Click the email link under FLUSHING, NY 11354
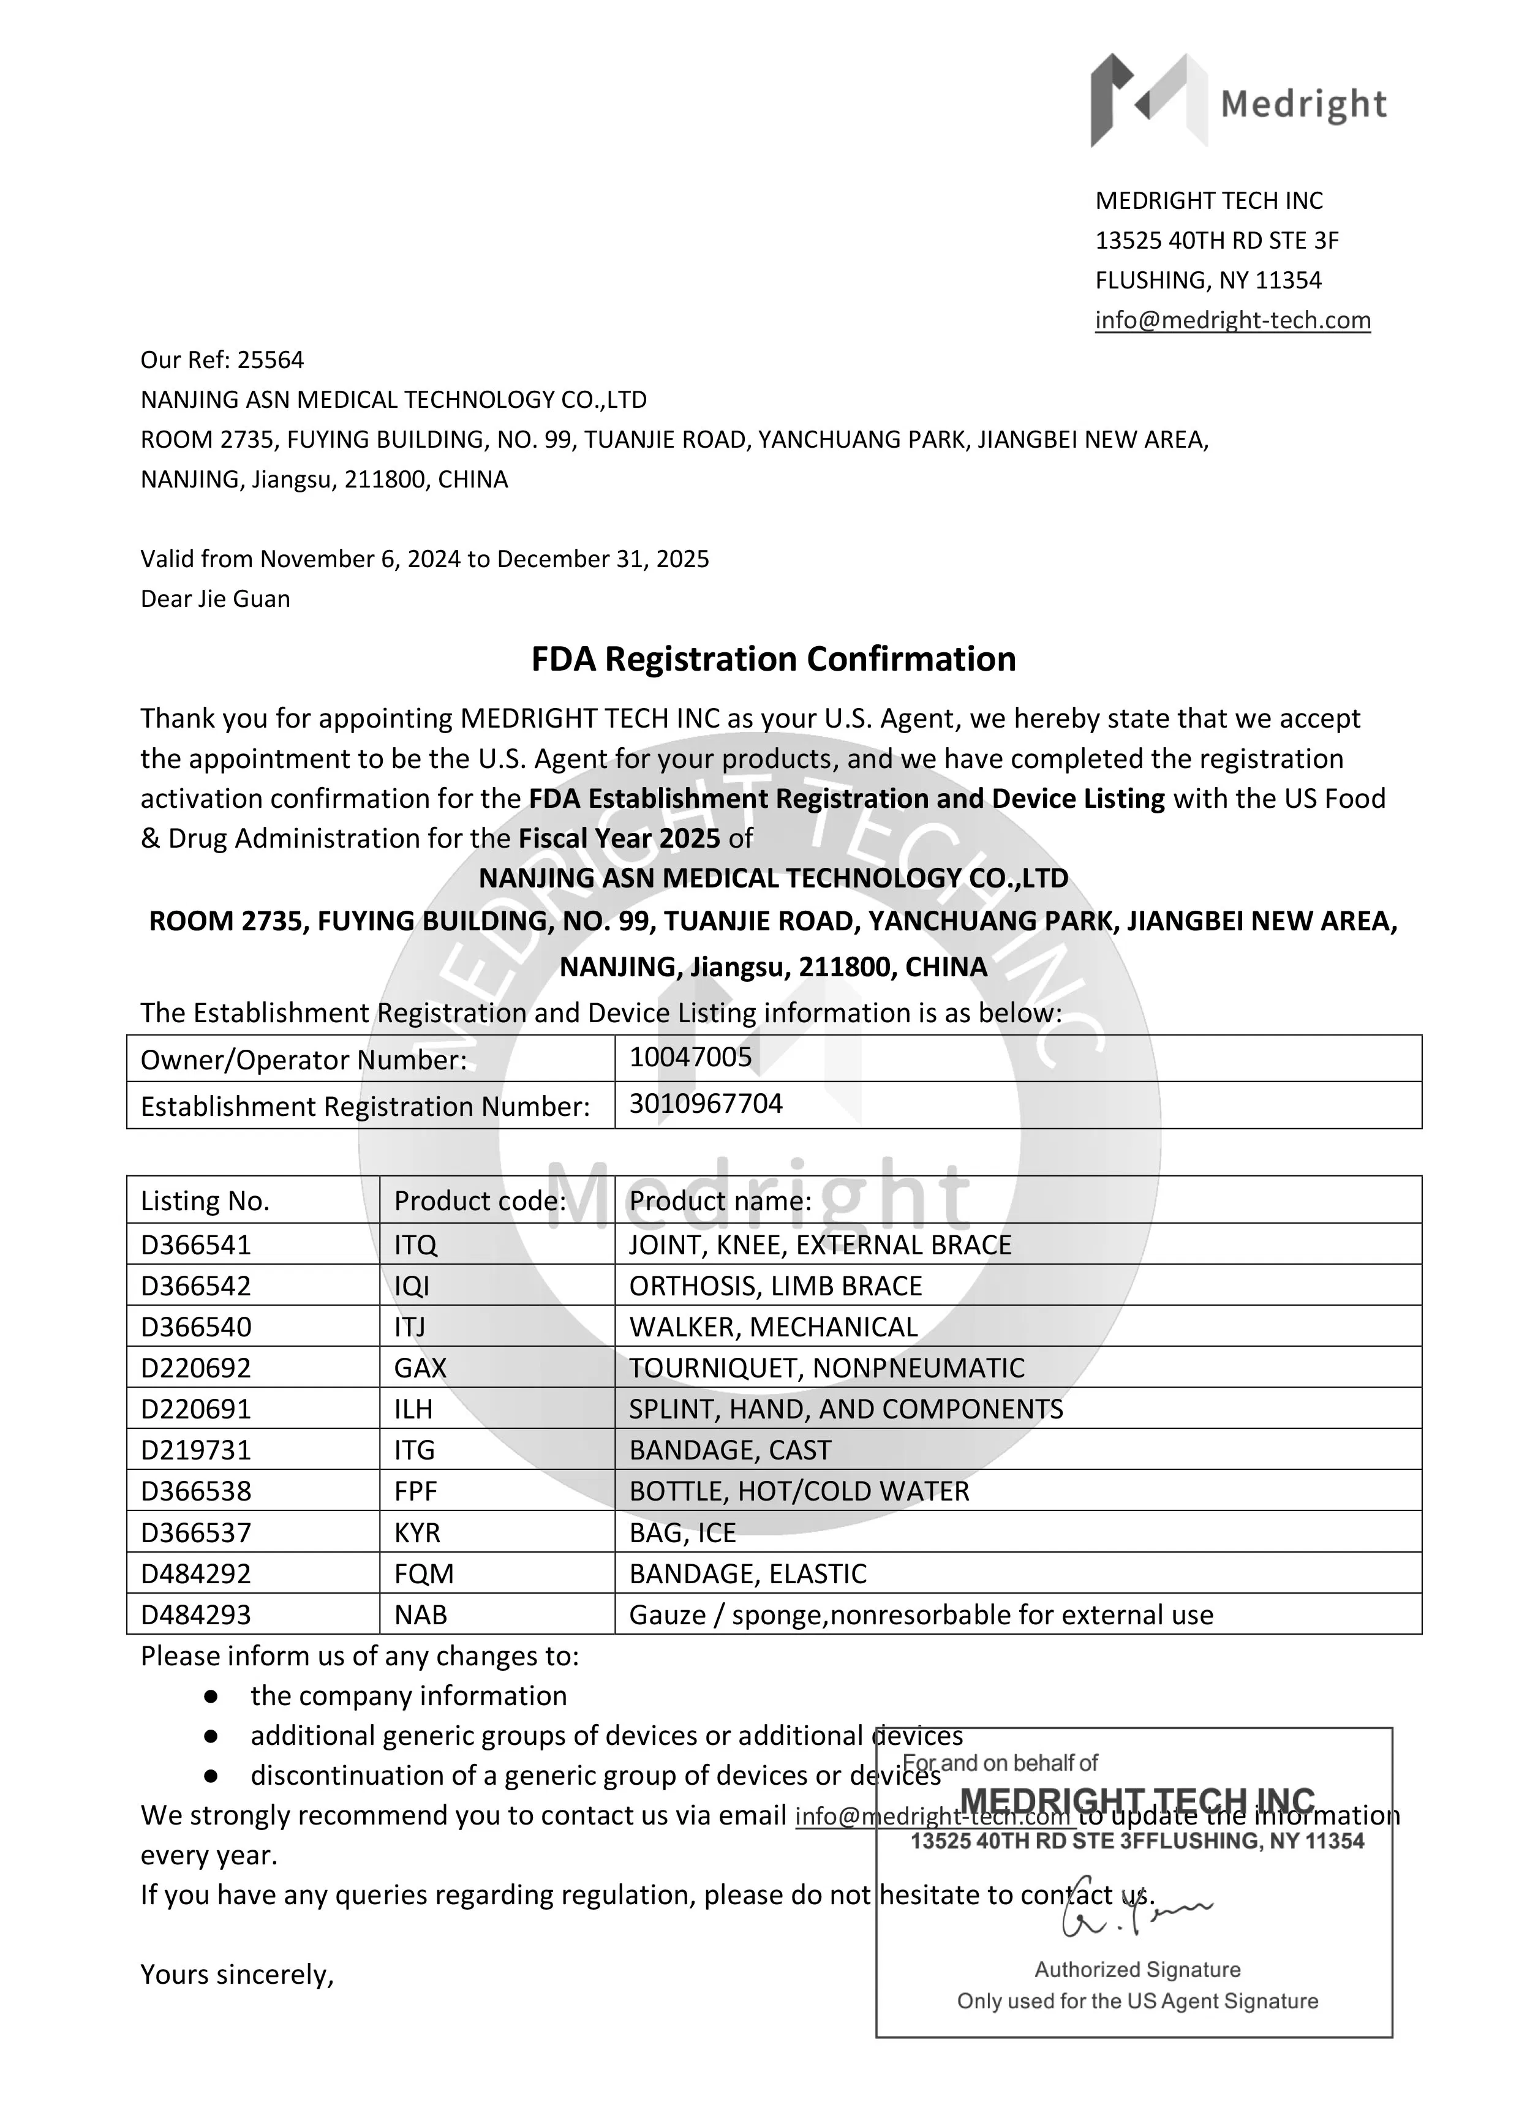tap(1232, 320)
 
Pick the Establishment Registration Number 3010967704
tap(706, 1104)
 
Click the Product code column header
tap(479, 1201)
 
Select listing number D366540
tap(196, 1327)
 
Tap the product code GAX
tap(420, 1368)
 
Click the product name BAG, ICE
tap(682, 1532)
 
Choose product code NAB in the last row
tap(420, 1614)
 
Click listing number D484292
tap(196, 1573)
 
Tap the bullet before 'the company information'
tap(211, 1697)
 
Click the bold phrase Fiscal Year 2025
tap(619, 838)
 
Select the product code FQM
tap(423, 1573)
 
